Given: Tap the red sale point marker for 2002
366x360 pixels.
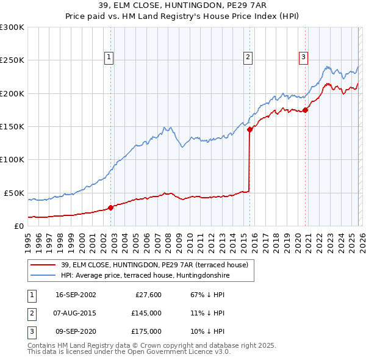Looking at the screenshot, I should [x=110, y=207].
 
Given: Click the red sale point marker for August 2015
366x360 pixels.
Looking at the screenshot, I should [x=249, y=129].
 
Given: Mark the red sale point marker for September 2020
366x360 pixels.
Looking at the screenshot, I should [x=305, y=110].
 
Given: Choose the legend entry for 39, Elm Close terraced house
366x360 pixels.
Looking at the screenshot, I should [x=154, y=265].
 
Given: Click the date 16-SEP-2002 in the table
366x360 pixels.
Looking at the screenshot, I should [x=76, y=295].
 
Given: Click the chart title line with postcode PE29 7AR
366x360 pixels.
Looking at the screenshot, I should [x=183, y=6].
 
